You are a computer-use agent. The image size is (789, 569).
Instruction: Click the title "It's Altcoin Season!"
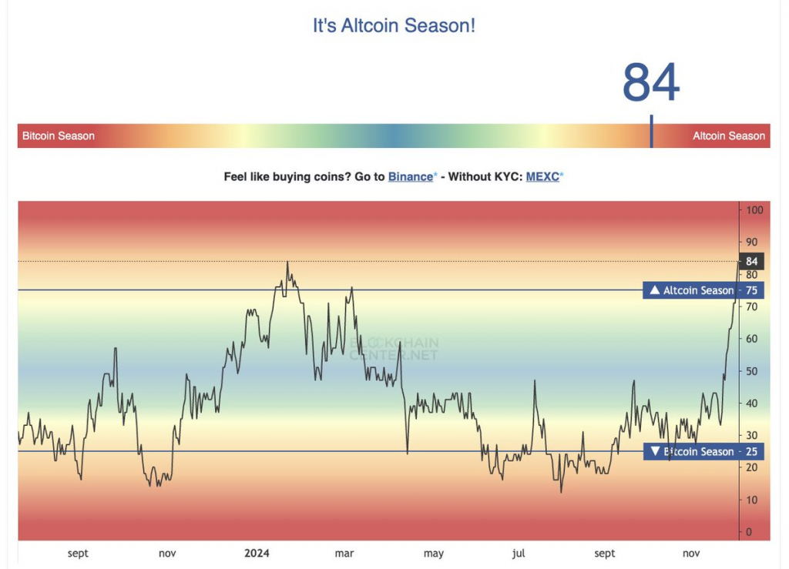(394, 25)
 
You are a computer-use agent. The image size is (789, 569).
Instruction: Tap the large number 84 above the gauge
(651, 83)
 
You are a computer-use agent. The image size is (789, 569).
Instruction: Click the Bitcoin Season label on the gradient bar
(59, 136)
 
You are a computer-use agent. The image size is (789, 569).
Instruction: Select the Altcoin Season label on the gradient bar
(728, 136)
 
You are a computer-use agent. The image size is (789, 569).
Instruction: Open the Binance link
(411, 176)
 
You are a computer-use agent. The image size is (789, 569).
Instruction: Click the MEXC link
(542, 176)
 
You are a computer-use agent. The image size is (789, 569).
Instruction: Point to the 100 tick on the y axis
(754, 210)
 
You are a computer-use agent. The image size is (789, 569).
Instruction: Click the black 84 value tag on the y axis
(752, 262)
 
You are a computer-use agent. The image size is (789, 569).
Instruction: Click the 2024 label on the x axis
(256, 553)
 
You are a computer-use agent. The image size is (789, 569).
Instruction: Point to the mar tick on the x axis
(344, 553)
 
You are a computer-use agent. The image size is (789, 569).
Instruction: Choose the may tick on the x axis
(434, 553)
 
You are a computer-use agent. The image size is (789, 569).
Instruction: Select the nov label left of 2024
(167, 553)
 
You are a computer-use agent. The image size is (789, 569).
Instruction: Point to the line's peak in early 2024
(287, 263)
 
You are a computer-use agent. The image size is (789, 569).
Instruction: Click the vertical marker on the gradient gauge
(651, 132)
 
